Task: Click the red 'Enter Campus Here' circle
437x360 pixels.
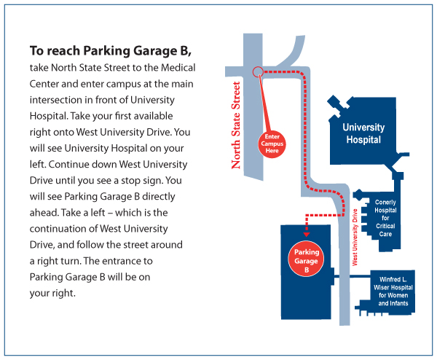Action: coord(272,144)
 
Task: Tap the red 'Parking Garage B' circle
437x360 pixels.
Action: coord(306,259)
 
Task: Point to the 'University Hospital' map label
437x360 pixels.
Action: coord(363,133)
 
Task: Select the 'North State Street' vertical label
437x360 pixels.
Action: coord(236,125)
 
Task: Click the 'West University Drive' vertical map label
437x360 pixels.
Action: coord(355,238)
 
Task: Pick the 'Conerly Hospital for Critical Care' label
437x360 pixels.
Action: coord(385,218)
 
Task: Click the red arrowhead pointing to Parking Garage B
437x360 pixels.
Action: coord(307,235)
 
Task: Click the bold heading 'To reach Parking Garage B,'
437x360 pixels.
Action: coord(111,51)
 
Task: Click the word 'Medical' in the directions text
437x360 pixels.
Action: coord(178,68)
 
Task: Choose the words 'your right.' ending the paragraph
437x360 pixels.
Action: coord(52,294)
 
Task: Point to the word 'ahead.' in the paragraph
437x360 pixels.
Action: coord(44,213)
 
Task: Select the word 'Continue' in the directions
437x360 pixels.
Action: coord(69,164)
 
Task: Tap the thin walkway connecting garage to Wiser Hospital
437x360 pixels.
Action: coord(353,276)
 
